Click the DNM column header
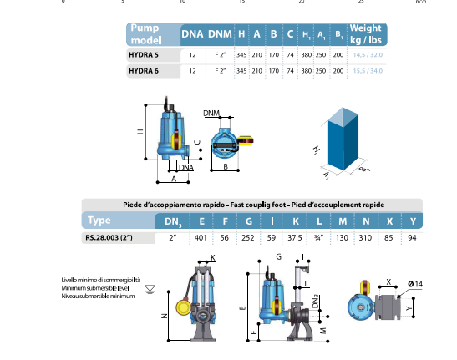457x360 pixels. (220, 34)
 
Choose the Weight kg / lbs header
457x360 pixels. (365, 34)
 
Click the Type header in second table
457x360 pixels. (99, 220)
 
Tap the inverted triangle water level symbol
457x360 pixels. (150, 290)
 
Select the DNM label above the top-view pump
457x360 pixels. (211, 111)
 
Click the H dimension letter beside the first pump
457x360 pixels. (140, 132)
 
